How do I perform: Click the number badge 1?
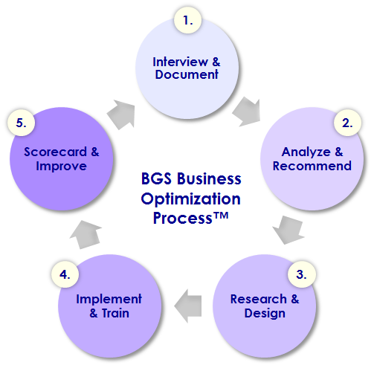pos(187,20)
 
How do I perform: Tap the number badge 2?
pos(347,123)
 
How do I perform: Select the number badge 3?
pos(302,274)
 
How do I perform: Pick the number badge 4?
pos(65,274)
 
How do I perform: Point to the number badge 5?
pos(21,123)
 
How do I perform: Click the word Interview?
pos(180,62)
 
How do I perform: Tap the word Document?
pos(187,74)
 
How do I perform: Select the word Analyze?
pos(306,152)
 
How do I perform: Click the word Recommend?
pos(312,166)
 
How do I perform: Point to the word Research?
pos(258,299)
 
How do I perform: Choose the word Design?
pos(265,314)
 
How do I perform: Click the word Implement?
pos(109,300)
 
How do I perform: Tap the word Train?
pos(115,313)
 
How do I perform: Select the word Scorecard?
pos(55,152)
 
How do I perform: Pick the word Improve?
pos(61,167)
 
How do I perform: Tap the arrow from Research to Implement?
pos(188,306)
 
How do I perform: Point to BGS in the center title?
pos(156,178)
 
